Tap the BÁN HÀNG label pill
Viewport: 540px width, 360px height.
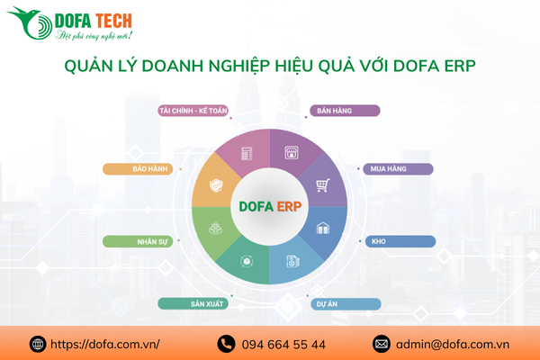[343, 111]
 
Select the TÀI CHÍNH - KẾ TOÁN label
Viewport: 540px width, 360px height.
[193, 111]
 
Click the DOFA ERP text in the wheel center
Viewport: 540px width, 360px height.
[270, 205]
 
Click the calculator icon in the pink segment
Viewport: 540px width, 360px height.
[246, 154]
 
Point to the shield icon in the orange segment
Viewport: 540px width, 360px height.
[216, 185]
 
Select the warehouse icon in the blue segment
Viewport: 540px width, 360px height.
[322, 229]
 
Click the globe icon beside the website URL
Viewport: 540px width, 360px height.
[37, 344]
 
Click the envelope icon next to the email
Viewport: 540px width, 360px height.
[381, 344]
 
